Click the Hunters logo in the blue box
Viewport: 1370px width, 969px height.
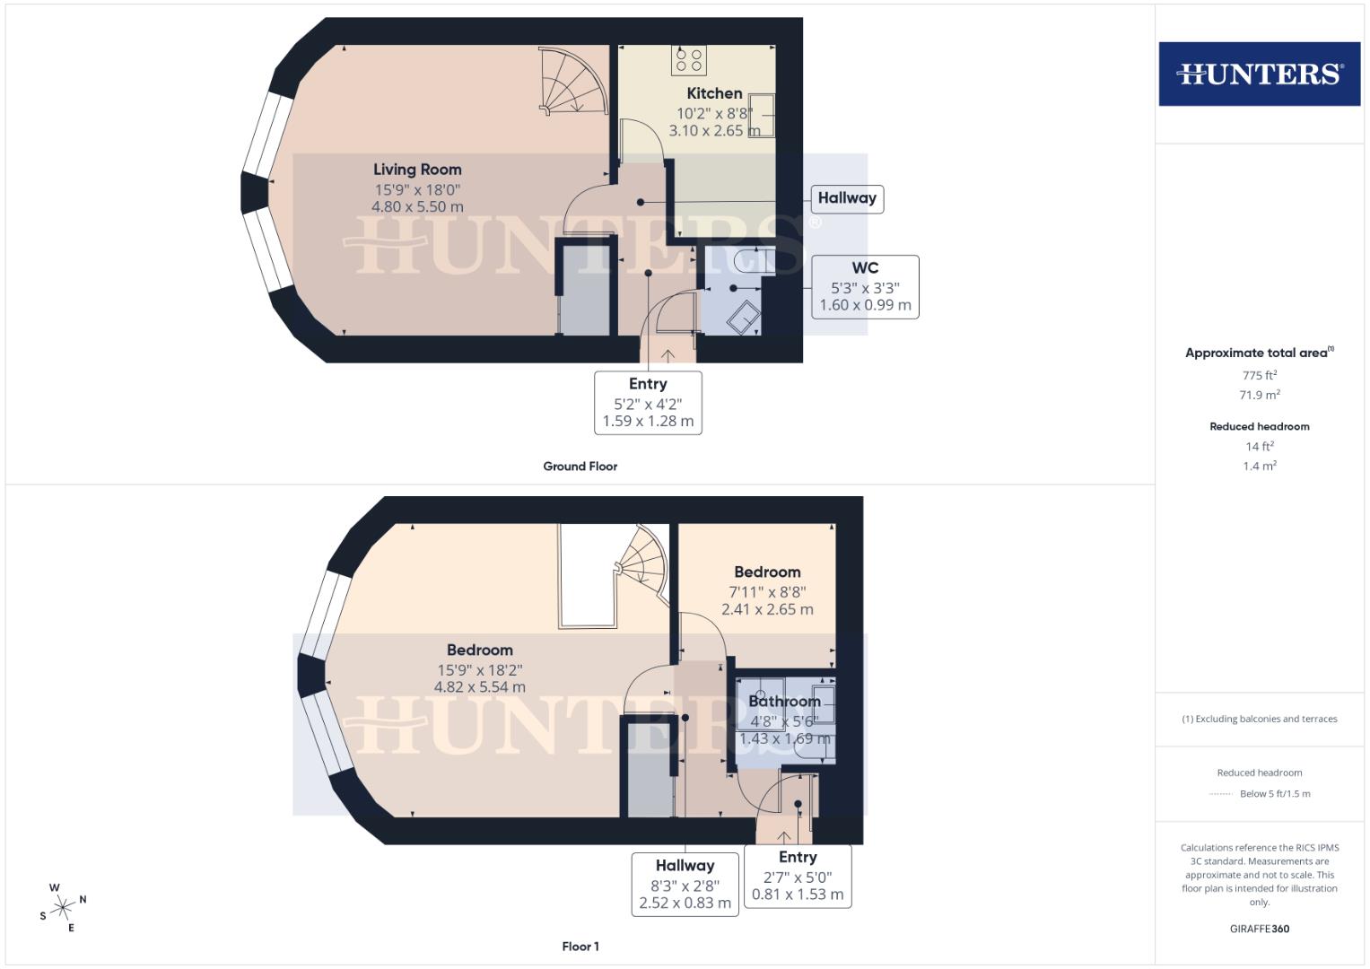(1259, 74)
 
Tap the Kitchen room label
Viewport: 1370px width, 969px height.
(714, 93)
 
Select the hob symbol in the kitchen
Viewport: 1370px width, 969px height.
(688, 60)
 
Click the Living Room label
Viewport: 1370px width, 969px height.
(417, 170)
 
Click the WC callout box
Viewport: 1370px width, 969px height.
(865, 286)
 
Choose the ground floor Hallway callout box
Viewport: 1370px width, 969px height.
(847, 198)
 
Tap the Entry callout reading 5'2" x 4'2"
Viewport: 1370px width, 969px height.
(648, 402)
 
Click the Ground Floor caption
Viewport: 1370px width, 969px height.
(580, 467)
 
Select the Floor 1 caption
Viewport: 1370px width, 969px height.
(580, 947)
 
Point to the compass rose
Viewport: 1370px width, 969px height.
(63, 908)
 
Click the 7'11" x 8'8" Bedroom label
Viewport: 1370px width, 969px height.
(767, 590)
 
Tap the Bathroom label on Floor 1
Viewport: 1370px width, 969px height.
(784, 702)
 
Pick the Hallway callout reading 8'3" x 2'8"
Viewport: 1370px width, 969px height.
(685, 884)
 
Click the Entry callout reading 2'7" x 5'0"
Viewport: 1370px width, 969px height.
(798, 876)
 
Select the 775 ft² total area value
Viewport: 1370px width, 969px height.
(1259, 375)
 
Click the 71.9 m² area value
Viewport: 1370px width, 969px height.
(1259, 395)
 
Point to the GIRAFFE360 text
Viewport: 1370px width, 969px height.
(1259, 929)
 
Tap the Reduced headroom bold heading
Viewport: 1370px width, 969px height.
(1259, 426)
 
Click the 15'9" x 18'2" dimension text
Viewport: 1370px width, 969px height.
(480, 669)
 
